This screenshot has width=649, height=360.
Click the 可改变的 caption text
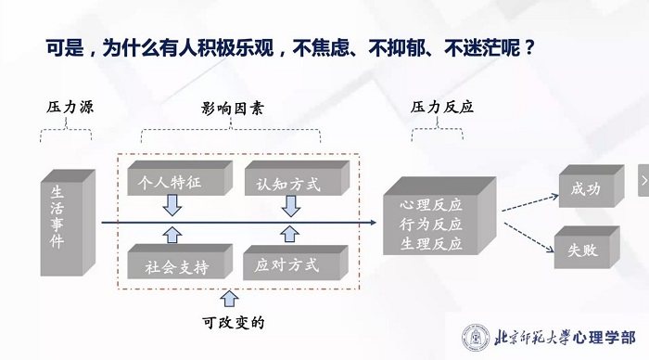[x=234, y=324]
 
